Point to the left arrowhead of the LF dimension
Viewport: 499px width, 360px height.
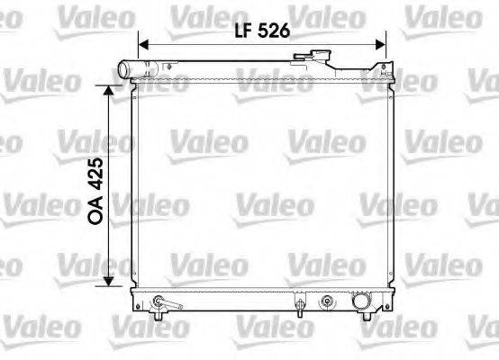[142, 41]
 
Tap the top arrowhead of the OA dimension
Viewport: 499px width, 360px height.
[110, 91]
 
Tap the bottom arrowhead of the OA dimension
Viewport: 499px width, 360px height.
[110, 281]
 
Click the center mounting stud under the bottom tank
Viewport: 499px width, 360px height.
[298, 312]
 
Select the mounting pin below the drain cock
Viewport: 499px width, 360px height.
[159, 314]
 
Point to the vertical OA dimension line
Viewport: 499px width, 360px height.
[110, 243]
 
